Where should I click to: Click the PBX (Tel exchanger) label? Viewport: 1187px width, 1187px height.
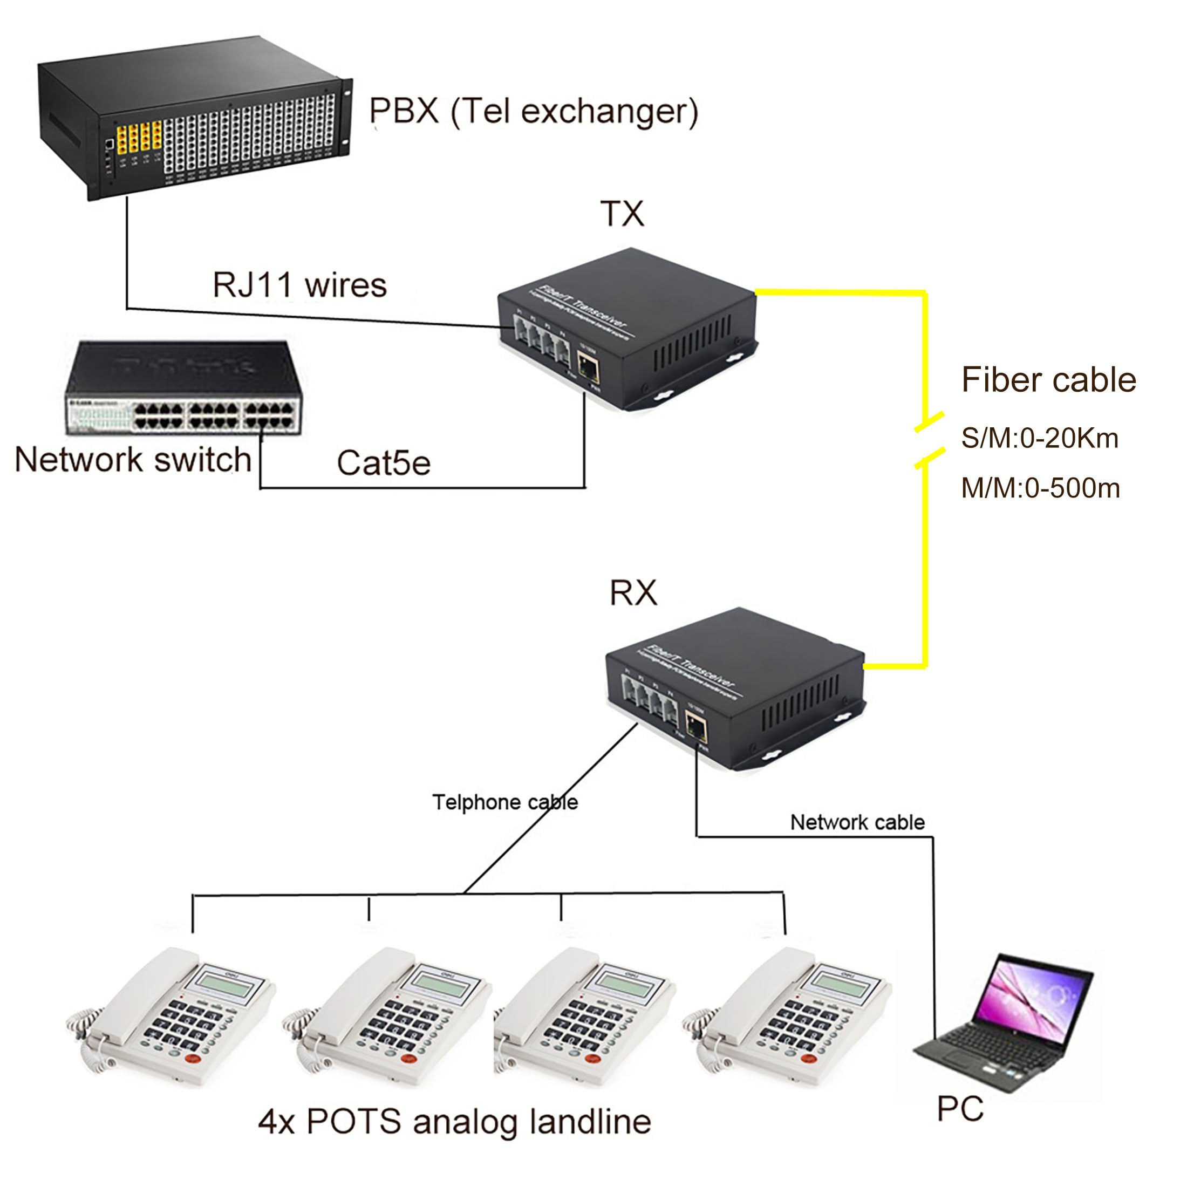[533, 112]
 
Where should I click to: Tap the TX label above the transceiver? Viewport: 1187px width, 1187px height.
[622, 214]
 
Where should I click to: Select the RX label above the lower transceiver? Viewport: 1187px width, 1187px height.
[633, 593]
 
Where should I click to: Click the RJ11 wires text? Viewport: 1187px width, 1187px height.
[299, 286]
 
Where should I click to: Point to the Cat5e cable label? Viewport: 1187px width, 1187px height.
[384, 463]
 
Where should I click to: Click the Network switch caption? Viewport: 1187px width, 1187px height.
[133, 460]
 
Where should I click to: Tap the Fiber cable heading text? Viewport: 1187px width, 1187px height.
[1048, 380]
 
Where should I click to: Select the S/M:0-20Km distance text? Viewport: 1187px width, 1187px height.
[1040, 439]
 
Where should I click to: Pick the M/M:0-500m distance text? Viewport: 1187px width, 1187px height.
[1040, 489]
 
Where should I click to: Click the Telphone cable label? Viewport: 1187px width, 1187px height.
[505, 802]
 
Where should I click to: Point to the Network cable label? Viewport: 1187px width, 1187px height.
[857, 823]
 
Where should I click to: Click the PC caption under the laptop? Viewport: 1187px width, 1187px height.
[960, 1109]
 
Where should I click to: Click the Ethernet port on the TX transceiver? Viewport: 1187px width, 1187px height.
[588, 367]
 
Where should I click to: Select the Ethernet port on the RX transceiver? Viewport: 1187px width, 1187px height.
[695, 730]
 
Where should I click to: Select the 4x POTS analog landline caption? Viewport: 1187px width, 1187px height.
[454, 1122]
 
